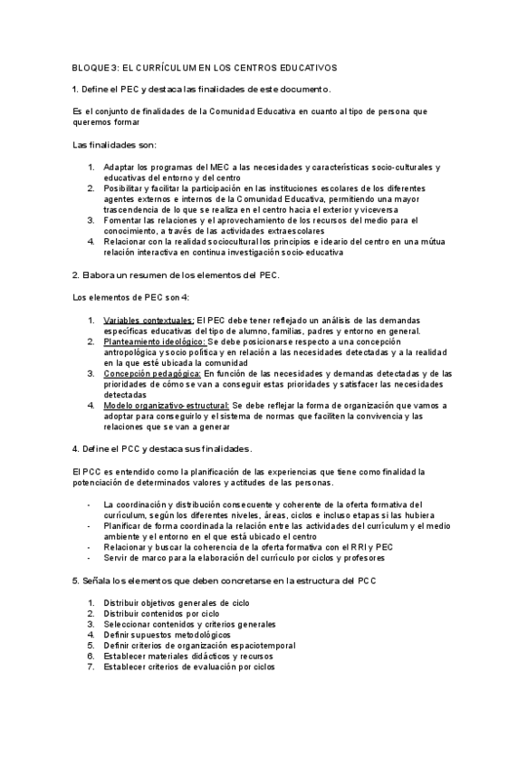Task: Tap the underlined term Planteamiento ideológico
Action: click(155, 341)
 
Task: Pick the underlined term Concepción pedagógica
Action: click(152, 373)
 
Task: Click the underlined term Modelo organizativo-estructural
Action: click(167, 406)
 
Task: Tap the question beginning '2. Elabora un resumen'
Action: click(176, 274)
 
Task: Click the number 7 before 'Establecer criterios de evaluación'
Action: click(91, 667)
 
